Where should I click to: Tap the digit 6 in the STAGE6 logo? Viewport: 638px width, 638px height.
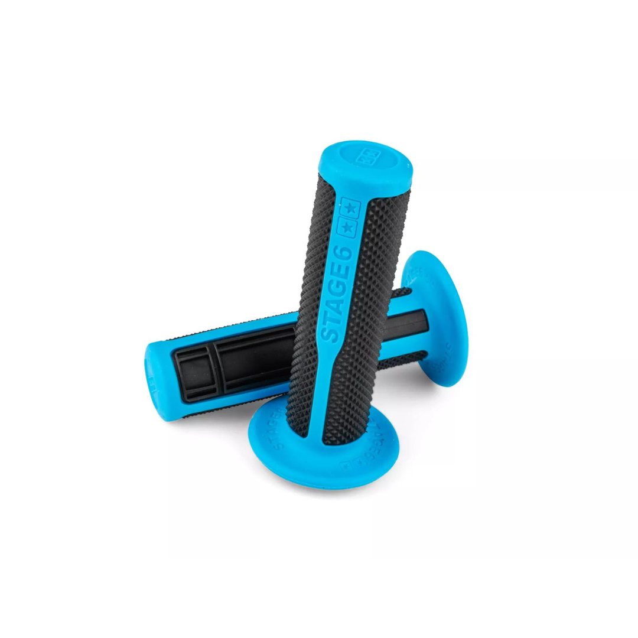(x=346, y=252)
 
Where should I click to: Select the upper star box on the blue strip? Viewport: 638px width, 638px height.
(x=351, y=208)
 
